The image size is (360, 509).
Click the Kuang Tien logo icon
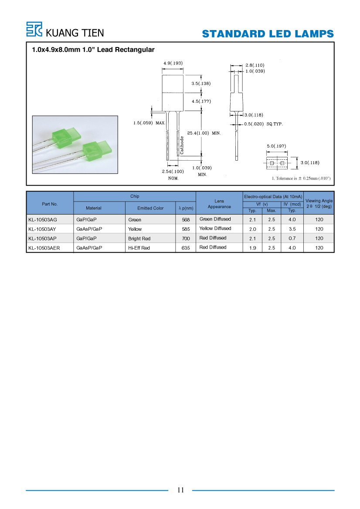coord(34,29)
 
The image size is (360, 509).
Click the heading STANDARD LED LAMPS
coord(268,34)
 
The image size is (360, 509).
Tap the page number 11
coord(180,490)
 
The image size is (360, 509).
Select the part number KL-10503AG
coord(43,220)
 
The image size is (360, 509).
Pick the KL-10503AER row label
coord(44,248)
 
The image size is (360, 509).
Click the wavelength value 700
coord(186,239)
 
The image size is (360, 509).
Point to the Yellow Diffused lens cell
coord(215,229)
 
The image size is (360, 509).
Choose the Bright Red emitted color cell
coord(139,239)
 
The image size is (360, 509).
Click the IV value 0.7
coord(292,238)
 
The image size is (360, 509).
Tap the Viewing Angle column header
coord(319,203)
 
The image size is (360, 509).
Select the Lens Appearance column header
coord(219,204)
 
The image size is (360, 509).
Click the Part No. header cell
coord(50,204)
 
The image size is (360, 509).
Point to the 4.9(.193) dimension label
coord(173,63)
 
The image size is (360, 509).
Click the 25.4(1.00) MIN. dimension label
coord(204,133)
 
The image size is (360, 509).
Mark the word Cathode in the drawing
coord(182,145)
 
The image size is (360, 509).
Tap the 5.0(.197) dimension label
coord(276,146)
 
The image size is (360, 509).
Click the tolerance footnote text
coord(301,178)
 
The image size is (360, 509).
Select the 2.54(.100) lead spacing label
coord(173,172)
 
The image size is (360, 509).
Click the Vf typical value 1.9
coord(252,248)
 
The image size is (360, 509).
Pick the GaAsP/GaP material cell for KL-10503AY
coord(89,229)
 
